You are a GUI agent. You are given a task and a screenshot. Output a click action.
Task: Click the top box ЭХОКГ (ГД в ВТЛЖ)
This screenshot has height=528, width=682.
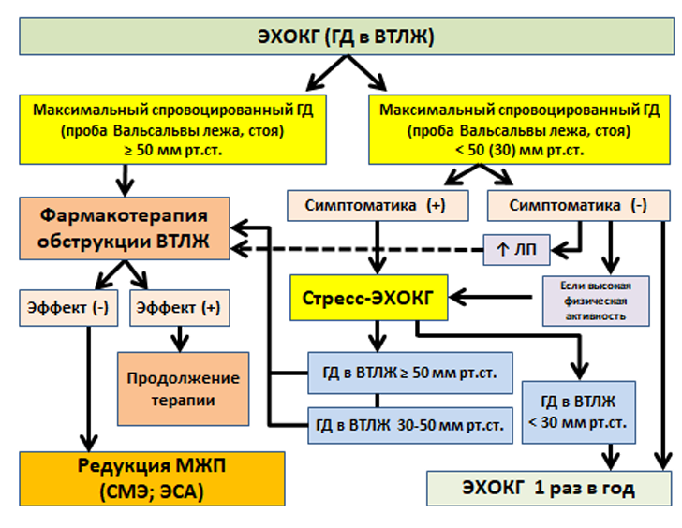tap(347, 37)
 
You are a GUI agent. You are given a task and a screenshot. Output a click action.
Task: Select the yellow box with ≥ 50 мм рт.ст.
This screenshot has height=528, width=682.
tap(172, 129)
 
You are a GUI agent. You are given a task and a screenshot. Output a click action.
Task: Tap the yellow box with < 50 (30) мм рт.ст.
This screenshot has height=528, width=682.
tap(519, 129)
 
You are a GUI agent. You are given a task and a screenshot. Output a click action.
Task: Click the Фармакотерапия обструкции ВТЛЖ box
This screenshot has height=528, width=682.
tap(125, 228)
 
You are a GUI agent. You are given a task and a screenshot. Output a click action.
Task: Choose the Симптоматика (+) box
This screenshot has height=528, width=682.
tap(378, 205)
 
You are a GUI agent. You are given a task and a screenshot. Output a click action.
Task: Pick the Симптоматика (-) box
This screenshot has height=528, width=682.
tap(579, 205)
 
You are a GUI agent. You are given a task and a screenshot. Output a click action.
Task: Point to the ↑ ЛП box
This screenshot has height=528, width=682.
tap(517, 250)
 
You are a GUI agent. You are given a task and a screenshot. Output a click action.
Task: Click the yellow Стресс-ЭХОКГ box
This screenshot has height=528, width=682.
tap(369, 298)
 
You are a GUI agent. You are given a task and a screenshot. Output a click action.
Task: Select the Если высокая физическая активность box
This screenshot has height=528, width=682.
tap(596, 301)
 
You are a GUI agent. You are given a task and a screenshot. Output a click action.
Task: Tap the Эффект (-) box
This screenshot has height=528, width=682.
tap(68, 308)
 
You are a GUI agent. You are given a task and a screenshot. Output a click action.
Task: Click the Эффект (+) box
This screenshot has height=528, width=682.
tap(180, 308)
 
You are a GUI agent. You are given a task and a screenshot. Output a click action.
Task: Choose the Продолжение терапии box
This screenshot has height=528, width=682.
tap(183, 389)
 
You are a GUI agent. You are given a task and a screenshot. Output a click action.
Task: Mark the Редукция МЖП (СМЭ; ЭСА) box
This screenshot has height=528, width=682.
tap(152, 478)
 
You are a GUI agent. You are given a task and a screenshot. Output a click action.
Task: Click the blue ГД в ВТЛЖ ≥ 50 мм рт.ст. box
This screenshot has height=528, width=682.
tap(410, 373)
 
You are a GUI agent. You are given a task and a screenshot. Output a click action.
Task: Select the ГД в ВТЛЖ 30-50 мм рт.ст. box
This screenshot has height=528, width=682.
tap(410, 425)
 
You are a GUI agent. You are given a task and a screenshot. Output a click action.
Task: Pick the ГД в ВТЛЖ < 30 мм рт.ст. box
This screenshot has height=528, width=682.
tap(579, 412)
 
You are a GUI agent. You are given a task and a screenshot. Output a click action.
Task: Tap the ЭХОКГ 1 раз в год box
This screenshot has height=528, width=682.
tap(549, 488)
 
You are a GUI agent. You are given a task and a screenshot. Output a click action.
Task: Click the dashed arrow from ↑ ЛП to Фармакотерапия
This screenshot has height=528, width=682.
tap(357, 249)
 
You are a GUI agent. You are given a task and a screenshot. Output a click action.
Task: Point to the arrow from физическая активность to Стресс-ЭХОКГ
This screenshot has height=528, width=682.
tap(491, 298)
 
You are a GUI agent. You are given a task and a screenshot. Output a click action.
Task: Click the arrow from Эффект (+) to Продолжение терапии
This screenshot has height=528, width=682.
tap(180, 339)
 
